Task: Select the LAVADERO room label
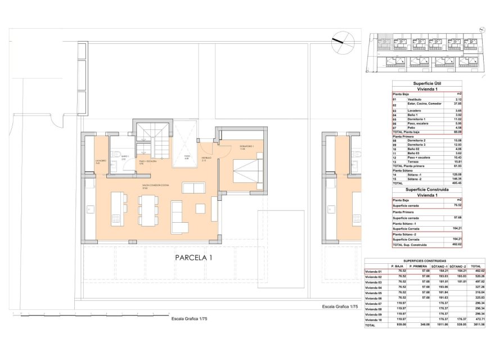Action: [101, 161]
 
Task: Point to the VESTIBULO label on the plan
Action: [207, 158]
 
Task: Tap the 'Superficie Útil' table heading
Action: [430, 83]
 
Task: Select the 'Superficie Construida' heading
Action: [430, 190]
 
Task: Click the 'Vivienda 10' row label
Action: [374, 319]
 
